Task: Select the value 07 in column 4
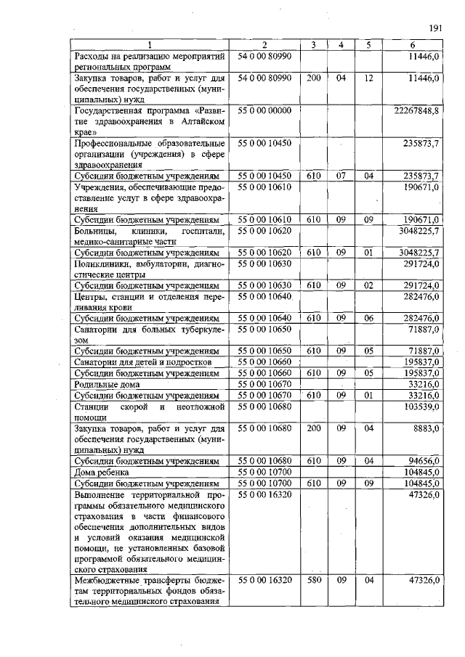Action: pyautogui.click(x=341, y=176)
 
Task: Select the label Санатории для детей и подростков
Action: pyautogui.click(x=144, y=362)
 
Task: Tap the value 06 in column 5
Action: pyautogui.click(x=368, y=317)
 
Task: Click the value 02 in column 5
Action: pyautogui.click(x=368, y=285)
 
